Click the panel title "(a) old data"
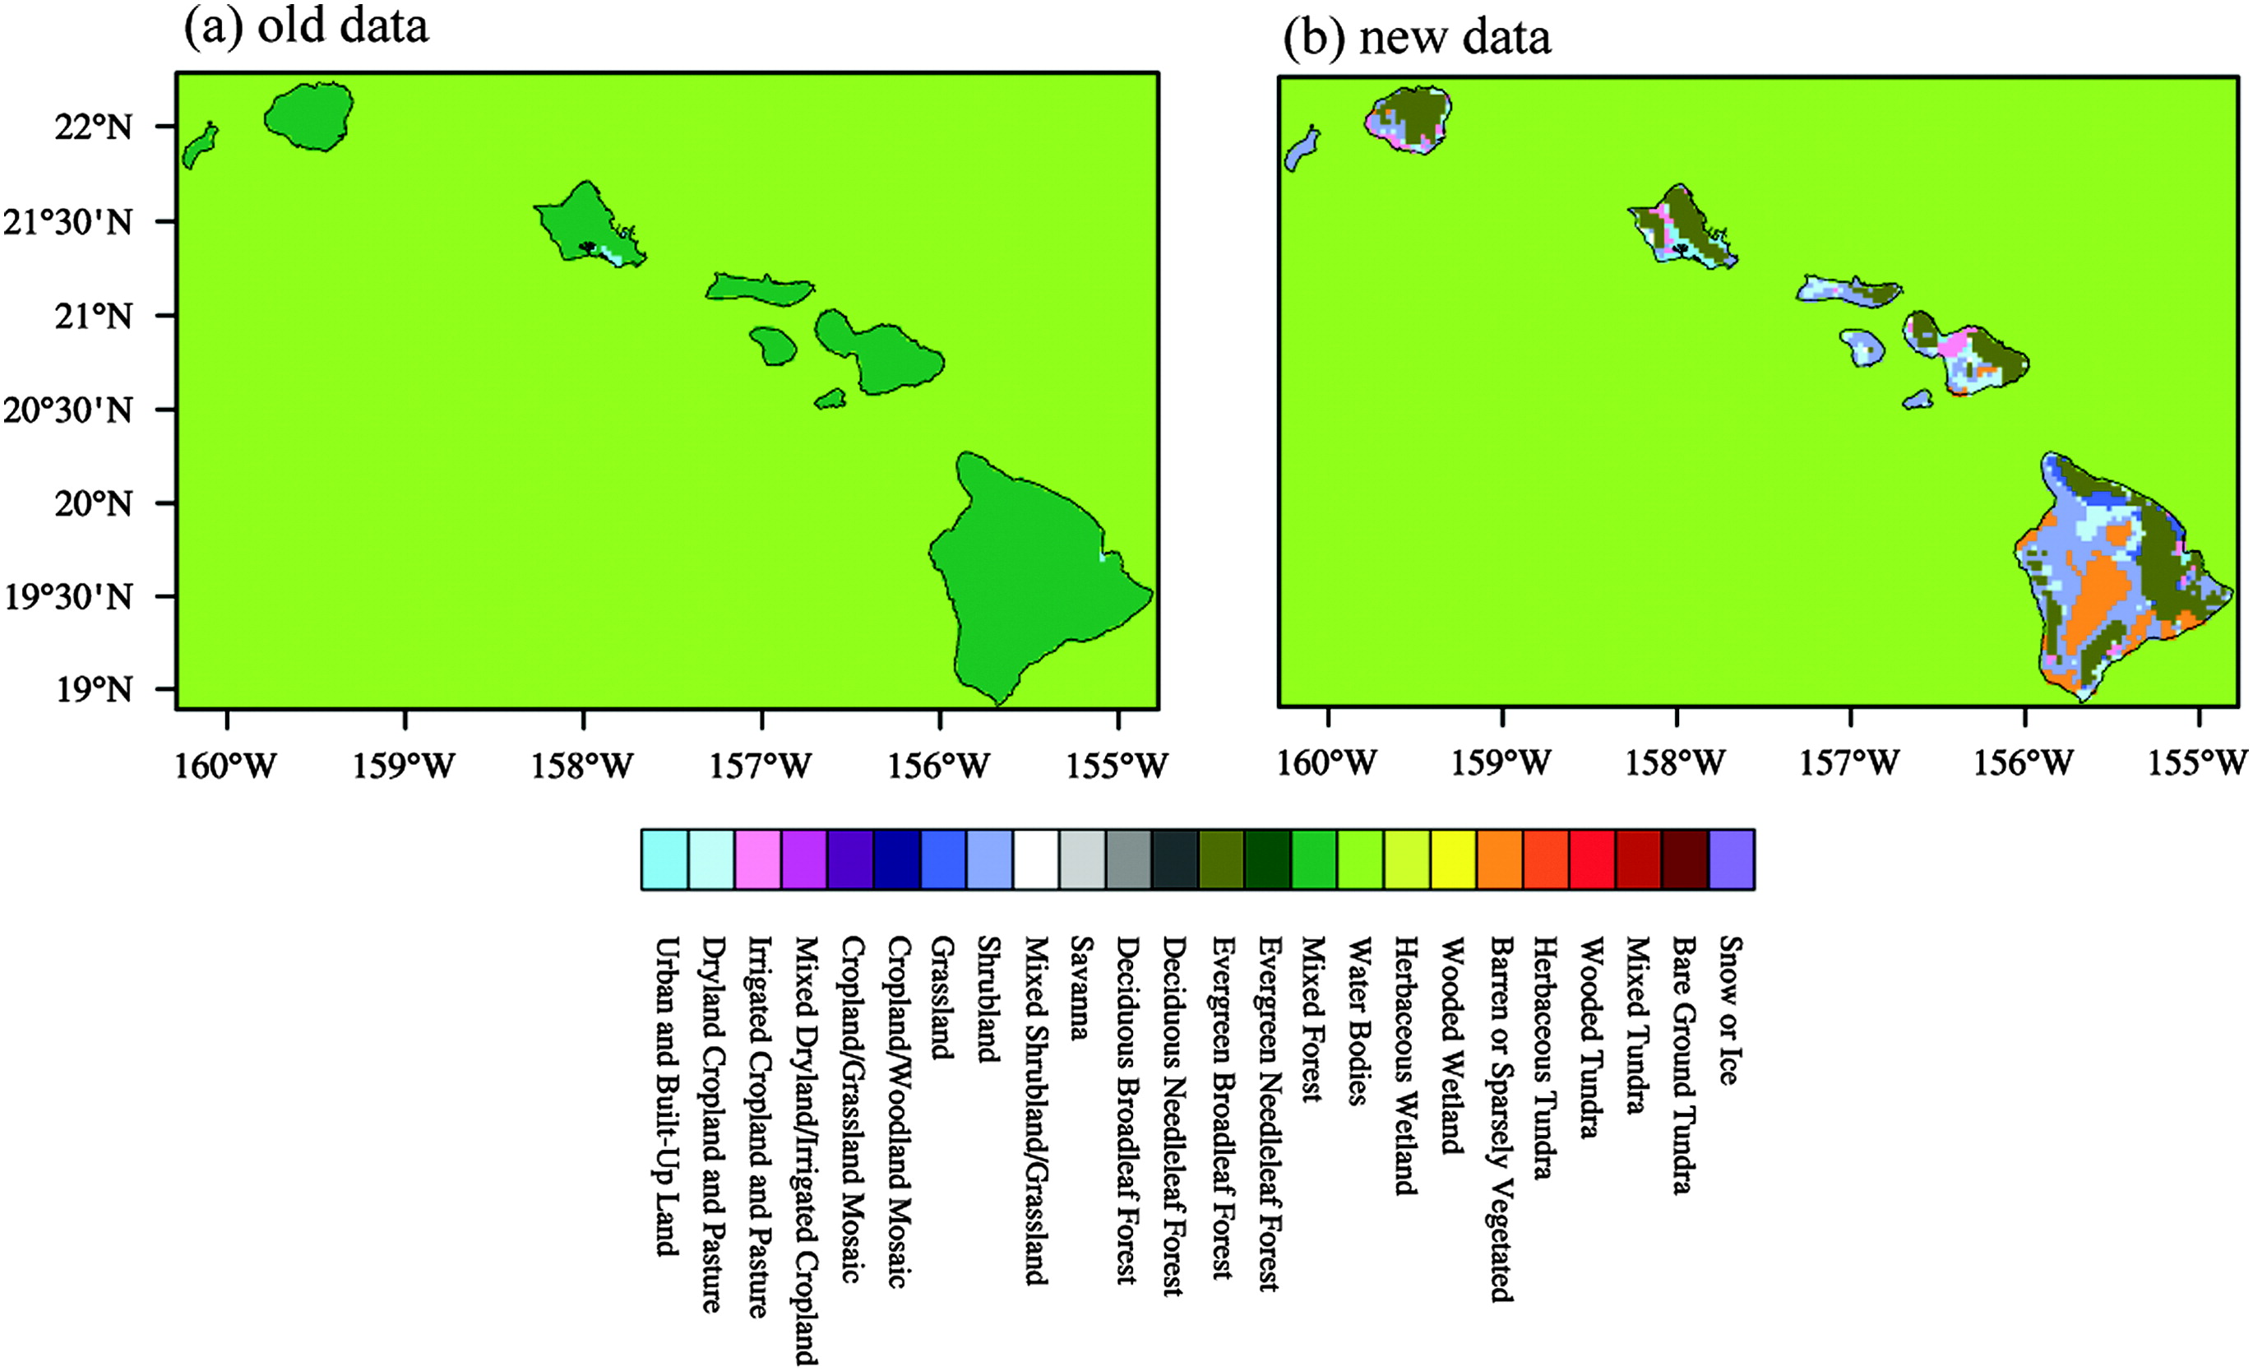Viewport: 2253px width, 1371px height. [307, 25]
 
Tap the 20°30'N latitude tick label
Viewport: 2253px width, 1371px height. [67, 410]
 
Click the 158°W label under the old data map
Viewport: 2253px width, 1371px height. [582, 765]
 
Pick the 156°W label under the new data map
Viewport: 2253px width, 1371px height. [2024, 762]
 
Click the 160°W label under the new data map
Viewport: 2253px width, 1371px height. [1327, 762]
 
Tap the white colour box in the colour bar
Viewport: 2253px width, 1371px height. [1036, 859]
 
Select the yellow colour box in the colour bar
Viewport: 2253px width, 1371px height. [1453, 859]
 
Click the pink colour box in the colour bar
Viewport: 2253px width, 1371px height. [757, 859]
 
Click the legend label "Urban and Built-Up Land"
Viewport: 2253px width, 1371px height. [668, 1095]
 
